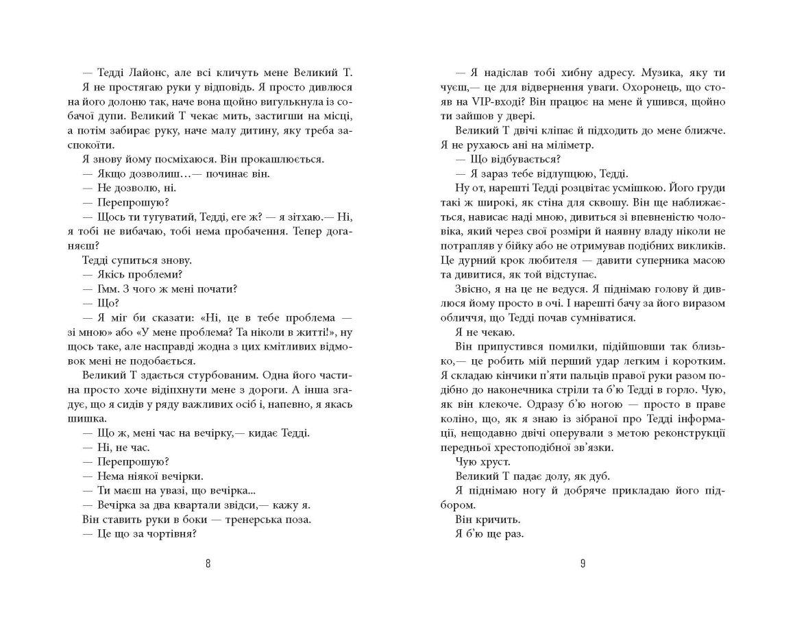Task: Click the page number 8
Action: (208, 564)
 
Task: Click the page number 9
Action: (583, 564)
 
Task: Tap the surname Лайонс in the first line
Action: (151, 73)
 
